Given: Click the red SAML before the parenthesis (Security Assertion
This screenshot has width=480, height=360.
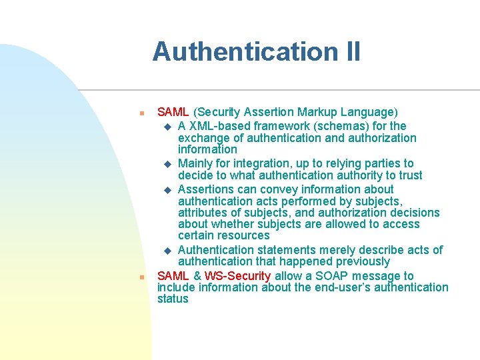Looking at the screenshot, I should (173, 112).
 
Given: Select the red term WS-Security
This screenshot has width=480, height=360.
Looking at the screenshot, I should (237, 276).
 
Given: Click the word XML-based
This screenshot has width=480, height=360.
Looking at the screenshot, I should (215, 126).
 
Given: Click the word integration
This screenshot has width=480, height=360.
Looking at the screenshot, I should (261, 163).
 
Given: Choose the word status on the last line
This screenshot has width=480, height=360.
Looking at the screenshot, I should (173, 299).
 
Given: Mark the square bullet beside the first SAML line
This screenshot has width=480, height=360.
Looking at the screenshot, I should (141, 113).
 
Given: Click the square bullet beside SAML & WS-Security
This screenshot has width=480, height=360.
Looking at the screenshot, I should (141, 277).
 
